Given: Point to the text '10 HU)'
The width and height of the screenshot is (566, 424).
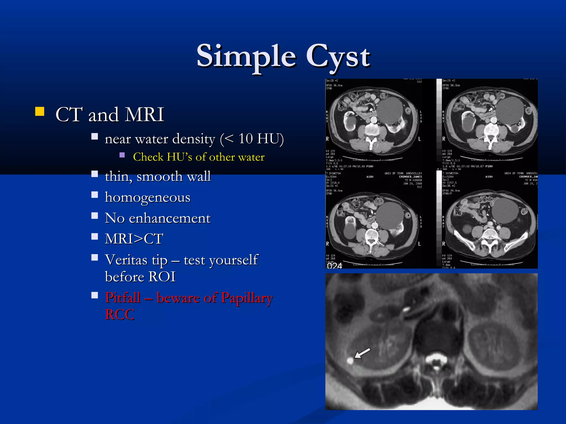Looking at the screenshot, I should point(261,139).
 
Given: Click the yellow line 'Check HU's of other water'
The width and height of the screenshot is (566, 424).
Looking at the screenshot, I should point(199,157).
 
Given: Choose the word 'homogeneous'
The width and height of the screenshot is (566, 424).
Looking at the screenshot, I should point(148,197).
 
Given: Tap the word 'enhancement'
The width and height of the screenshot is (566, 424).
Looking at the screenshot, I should point(170,218).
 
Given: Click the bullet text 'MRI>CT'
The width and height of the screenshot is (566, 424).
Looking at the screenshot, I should point(134,239).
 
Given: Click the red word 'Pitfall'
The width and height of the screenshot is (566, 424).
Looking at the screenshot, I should point(123,298).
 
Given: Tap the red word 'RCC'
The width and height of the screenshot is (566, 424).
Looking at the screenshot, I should point(120,314).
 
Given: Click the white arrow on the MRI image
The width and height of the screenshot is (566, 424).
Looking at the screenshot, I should point(362,353).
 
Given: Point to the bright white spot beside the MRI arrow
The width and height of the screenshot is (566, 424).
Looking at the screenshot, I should point(350,361).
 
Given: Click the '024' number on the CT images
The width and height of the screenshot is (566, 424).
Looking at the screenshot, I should point(334,266).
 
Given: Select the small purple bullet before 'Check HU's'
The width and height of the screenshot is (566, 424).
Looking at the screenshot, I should point(122,155).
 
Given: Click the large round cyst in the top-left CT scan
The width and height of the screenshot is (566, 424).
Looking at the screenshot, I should point(390,110).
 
